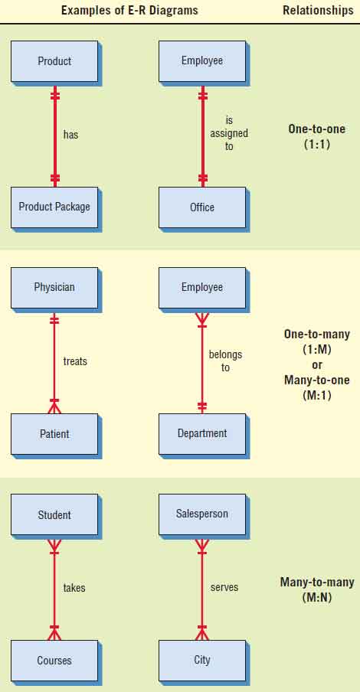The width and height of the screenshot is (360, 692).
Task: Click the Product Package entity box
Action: [x=54, y=207]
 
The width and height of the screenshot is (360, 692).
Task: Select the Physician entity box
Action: [x=54, y=287]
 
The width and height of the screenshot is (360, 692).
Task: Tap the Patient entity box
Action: [x=54, y=434]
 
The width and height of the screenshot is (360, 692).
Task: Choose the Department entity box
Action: [x=202, y=434]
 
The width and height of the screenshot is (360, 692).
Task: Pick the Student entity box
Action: [x=54, y=514]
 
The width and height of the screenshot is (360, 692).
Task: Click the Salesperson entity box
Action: [x=202, y=514]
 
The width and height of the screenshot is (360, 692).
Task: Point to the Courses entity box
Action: [x=54, y=661]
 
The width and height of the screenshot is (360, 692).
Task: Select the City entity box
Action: [x=202, y=661]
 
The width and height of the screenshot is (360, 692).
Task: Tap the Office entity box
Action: [x=202, y=207]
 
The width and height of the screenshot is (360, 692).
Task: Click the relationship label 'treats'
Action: [x=75, y=361]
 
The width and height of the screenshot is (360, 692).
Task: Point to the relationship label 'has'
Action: [x=70, y=135]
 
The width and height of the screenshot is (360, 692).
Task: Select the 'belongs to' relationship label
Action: [x=226, y=361]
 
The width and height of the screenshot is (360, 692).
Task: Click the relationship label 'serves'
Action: [x=224, y=587]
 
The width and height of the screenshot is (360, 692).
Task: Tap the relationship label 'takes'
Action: [x=74, y=588]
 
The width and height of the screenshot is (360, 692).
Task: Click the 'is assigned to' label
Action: [x=229, y=133]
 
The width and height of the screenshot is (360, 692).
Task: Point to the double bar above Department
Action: [x=202, y=406]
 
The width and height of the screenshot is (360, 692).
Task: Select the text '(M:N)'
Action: [x=317, y=598]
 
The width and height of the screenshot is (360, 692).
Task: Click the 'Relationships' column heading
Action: [x=319, y=10]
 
